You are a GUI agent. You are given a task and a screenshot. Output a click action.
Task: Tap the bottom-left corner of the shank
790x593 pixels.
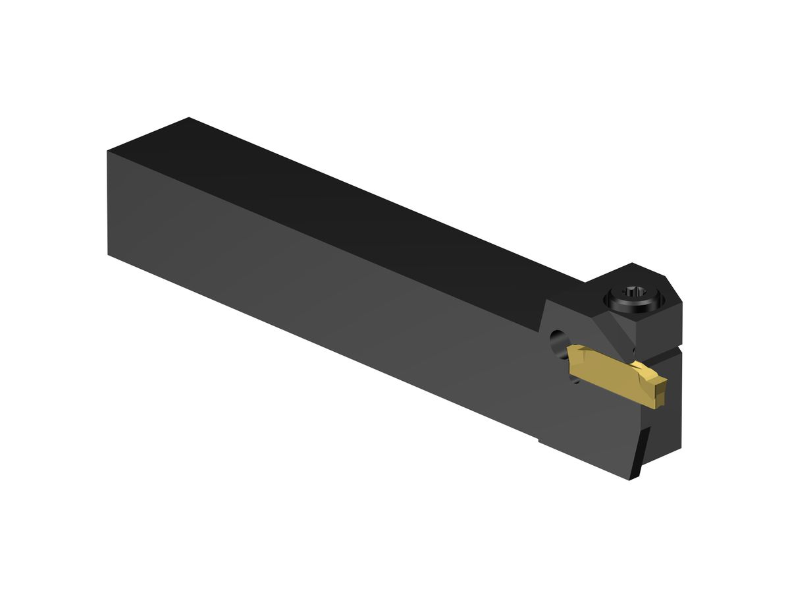point(109,254)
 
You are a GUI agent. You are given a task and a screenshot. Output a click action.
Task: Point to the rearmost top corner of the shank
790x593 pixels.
point(189,118)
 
